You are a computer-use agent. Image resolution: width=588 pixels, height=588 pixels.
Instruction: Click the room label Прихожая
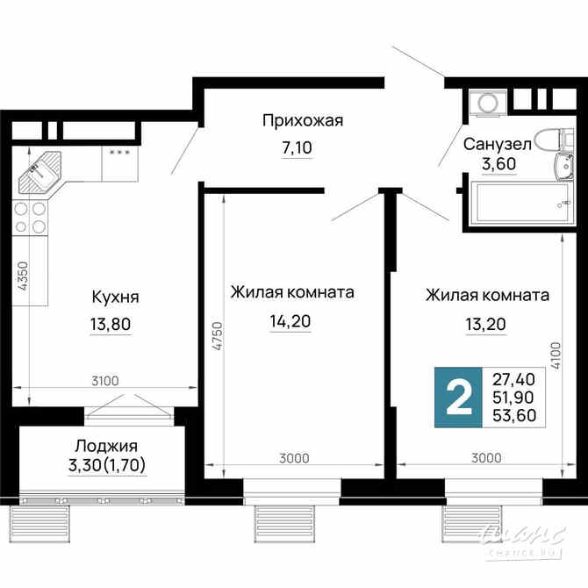pyautogui.click(x=303, y=120)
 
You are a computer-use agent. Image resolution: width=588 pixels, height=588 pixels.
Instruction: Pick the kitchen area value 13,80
pyautogui.click(x=111, y=325)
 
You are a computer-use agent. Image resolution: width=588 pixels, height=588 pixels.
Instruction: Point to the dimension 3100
pyautogui.click(x=105, y=380)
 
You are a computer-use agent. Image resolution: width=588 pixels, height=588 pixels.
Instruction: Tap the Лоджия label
pyautogui.click(x=105, y=446)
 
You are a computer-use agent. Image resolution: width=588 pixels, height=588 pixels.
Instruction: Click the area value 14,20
pyautogui.click(x=290, y=321)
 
